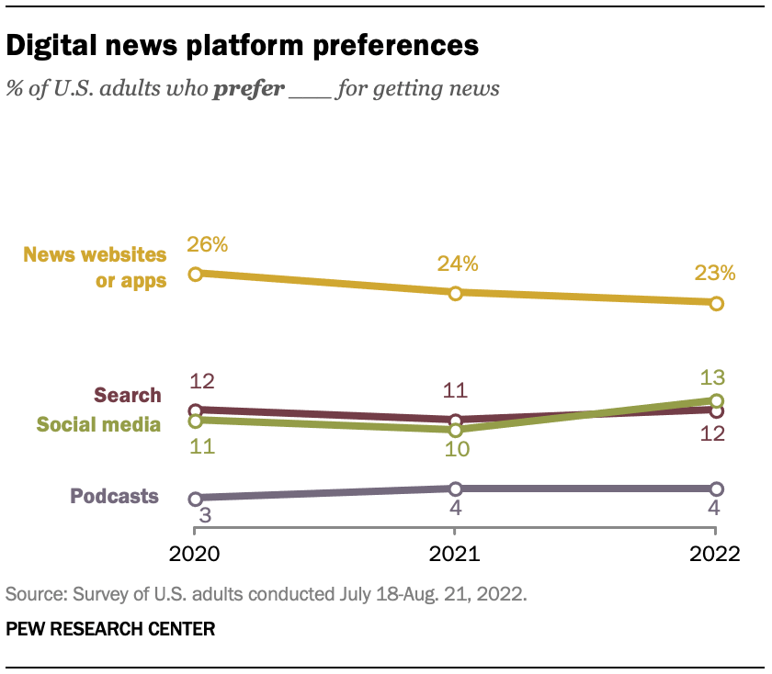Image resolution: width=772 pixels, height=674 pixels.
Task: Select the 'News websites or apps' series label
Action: coord(96,267)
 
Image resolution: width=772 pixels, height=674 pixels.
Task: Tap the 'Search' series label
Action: coord(128,396)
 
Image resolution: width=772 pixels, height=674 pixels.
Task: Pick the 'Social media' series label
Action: coord(98,424)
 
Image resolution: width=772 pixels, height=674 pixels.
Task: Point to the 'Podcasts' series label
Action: coord(114,497)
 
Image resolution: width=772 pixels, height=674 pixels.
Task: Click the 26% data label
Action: coord(207,245)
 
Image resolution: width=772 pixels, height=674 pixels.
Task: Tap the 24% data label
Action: coord(458,264)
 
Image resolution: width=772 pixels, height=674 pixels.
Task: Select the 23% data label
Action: coord(714,273)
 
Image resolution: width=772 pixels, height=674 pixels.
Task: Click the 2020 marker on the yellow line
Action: coord(195,274)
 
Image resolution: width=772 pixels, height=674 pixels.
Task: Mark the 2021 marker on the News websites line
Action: coord(455,293)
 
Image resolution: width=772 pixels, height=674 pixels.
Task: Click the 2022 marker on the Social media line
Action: coord(717,400)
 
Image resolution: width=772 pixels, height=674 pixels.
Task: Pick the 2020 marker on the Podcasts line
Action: coord(195,499)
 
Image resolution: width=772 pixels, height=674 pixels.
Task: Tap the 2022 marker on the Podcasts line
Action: coord(717,489)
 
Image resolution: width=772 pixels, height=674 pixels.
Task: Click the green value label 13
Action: coord(713,377)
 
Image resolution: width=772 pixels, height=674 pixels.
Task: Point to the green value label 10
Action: coord(457,450)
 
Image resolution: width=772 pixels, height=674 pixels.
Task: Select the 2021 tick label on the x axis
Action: coord(455,554)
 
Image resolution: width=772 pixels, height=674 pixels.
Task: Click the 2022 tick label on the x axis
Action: coord(716,554)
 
